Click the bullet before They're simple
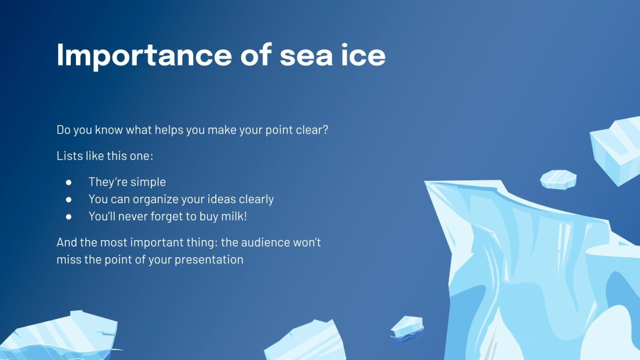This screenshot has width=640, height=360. [68, 182]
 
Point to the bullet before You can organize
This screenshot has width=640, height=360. [68, 199]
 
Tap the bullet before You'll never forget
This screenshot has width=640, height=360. [68, 217]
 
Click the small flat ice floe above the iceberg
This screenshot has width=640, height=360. [558, 179]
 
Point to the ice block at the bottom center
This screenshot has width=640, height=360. [306, 342]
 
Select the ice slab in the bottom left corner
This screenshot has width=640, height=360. [57, 337]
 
